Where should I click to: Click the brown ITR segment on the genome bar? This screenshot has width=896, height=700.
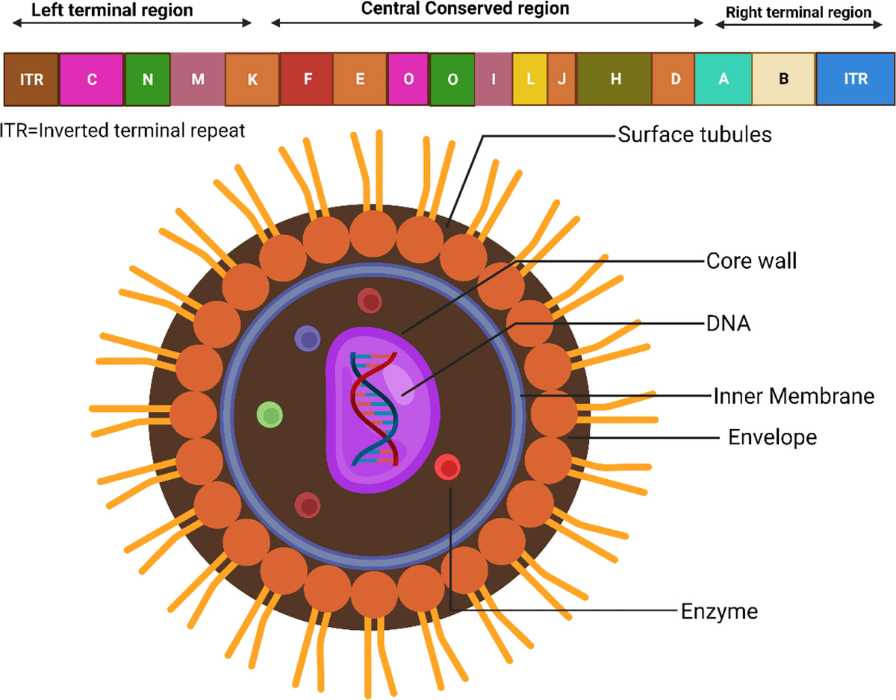pos(31,79)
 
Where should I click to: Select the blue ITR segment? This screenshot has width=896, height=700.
pos(855,79)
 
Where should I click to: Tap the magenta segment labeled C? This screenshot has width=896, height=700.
pos(92,79)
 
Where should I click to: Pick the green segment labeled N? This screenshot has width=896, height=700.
pos(148,79)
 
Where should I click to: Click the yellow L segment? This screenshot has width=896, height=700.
pos(530,79)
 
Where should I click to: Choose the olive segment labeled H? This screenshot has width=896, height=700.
pos(615,79)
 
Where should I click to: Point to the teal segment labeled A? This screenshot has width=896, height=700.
pos(723,79)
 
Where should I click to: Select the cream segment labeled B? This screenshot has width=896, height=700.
pos(783,79)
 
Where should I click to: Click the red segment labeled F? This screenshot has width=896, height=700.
pos(306,79)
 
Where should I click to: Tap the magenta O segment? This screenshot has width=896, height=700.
pos(408,79)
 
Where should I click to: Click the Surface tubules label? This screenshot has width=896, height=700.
pos(694,135)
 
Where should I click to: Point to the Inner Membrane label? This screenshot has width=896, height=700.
pos(793,395)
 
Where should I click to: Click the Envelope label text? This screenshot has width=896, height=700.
pos(772,437)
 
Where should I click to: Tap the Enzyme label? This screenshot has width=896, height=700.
pos(719,612)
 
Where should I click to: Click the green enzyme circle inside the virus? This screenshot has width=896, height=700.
pos(270,414)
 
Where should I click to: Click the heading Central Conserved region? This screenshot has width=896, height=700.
pos(464,10)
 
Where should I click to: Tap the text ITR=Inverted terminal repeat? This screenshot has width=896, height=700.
pos(123,131)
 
